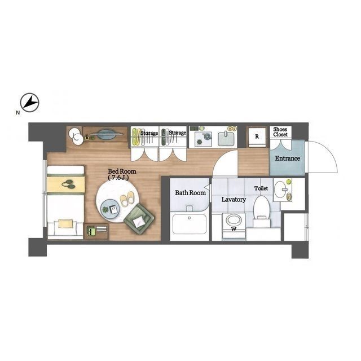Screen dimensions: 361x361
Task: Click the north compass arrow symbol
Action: pyautogui.click(x=30, y=103)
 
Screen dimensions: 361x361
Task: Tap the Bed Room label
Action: pyautogui.click(x=122, y=171)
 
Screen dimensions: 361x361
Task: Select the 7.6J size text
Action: pyautogui.click(x=118, y=178)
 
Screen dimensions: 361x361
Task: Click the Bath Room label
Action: pyautogui.click(x=191, y=193)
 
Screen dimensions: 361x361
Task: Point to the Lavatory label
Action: pyautogui.click(x=234, y=199)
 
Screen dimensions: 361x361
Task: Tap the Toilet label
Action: pyautogui.click(x=261, y=188)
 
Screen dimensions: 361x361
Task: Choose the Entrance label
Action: pyautogui.click(x=288, y=159)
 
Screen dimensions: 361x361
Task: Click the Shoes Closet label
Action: pyautogui.click(x=280, y=132)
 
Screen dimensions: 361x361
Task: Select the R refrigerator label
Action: pyautogui.click(x=257, y=137)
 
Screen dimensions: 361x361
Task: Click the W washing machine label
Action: pyautogui.click(x=234, y=229)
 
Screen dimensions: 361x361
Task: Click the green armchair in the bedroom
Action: pyautogui.click(x=139, y=219)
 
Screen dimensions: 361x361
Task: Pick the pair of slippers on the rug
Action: pyautogui.click(x=127, y=199)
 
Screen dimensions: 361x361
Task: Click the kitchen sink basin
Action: pyautogui.click(x=226, y=139)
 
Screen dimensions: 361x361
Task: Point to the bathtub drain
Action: pyautogui.click(x=190, y=218)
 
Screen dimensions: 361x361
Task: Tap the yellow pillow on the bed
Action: pyautogui.click(x=65, y=223)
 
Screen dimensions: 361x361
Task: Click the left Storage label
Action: pyautogui.click(x=149, y=133)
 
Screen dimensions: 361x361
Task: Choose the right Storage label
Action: pyautogui.click(x=177, y=133)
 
